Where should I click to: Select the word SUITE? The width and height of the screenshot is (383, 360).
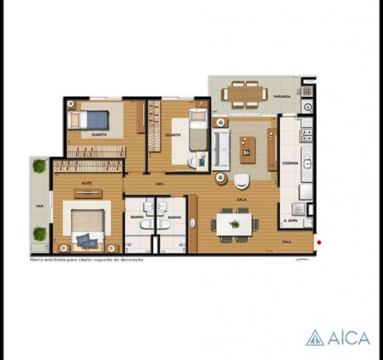point(87,183)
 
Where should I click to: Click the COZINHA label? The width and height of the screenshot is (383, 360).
point(290,163)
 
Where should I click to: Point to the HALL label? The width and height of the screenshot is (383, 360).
point(287,242)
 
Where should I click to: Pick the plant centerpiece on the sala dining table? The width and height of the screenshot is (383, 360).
point(235,224)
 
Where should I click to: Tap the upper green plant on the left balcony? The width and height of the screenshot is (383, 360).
point(39,166)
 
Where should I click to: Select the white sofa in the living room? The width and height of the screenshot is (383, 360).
point(220,148)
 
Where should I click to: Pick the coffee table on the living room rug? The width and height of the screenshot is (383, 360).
point(248,149)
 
